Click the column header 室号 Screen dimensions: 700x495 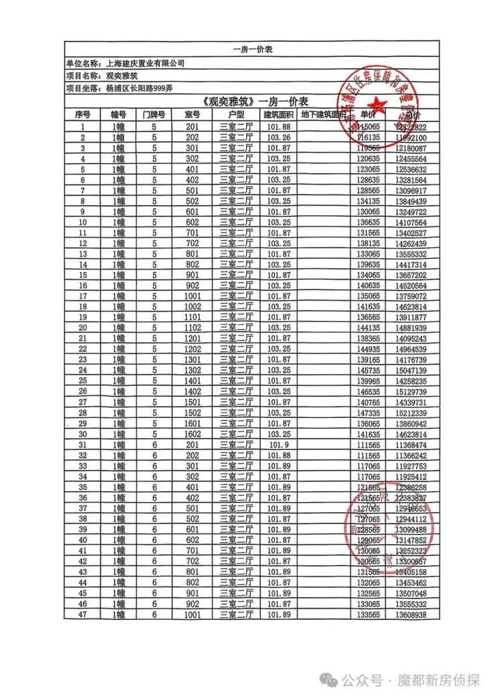(x=193, y=114)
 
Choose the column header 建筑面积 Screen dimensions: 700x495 (x=278, y=114)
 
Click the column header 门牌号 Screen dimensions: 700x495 (x=153, y=114)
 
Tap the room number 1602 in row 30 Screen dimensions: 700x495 (x=193, y=434)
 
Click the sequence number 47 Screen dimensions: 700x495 (x=82, y=614)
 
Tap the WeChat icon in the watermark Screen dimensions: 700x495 (x=329, y=680)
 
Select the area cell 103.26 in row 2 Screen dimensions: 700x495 (x=278, y=137)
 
